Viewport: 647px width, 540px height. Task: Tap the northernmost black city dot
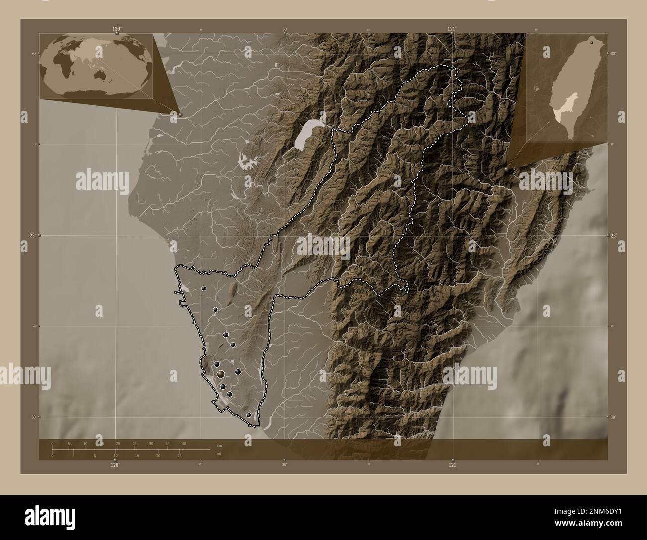tap(204, 288)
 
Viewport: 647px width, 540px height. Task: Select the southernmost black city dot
tap(249, 415)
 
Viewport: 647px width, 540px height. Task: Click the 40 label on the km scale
tap(184, 443)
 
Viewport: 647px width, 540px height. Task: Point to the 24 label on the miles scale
tap(180, 456)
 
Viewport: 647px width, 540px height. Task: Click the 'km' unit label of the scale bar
tap(219, 445)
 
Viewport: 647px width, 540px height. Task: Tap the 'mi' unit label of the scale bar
tap(219, 454)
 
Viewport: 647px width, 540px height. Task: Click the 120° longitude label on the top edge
tap(117, 29)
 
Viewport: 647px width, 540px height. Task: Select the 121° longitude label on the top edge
tap(452, 29)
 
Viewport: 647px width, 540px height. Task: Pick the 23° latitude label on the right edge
tap(613, 235)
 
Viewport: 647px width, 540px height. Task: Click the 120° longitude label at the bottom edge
tap(115, 465)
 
